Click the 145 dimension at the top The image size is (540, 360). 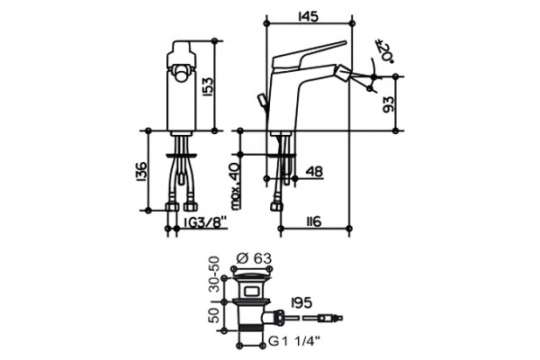coord(308,16)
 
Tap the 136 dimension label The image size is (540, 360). coord(141,170)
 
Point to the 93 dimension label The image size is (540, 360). coord(388,104)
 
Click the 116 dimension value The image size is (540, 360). coord(313,221)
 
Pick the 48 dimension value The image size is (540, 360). coord(314,171)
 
